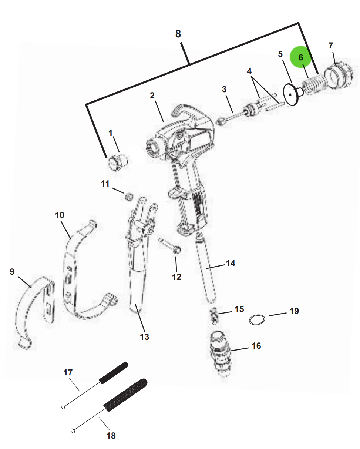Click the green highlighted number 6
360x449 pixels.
300,57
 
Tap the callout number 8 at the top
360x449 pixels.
178,34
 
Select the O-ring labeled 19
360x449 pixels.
257,319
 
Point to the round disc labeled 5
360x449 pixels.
292,95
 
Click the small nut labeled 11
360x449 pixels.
128,196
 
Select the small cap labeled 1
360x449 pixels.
117,162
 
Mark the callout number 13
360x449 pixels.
144,336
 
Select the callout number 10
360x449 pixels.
60,215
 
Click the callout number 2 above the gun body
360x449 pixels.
152,96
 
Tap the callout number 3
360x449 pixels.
224,89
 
